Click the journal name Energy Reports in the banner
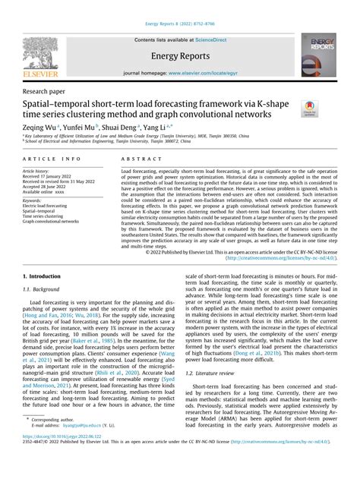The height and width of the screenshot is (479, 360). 179,55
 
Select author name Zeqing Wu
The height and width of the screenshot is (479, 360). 39,128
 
